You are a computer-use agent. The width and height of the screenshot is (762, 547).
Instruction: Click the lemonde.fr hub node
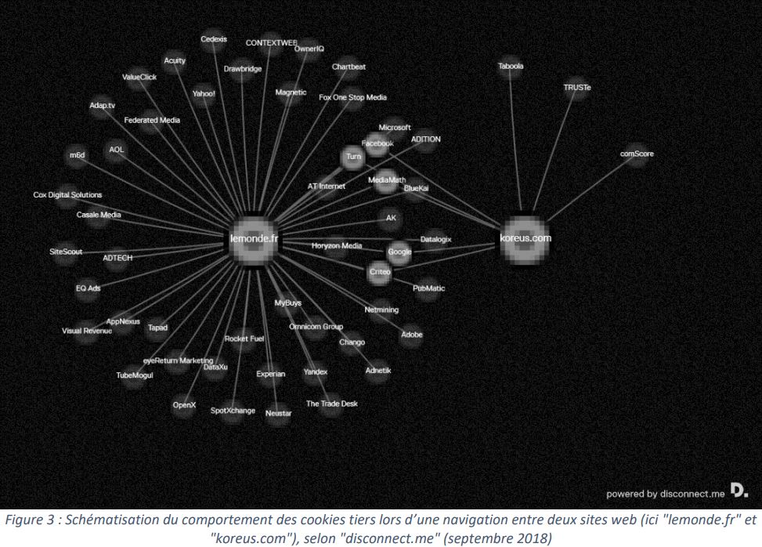point(254,238)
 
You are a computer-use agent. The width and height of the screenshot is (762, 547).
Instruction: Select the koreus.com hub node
point(525,237)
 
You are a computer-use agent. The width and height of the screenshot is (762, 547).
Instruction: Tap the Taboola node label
point(511,67)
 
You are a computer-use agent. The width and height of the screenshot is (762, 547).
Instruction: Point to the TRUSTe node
point(577,88)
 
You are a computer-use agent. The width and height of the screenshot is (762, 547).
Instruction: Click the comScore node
point(637,154)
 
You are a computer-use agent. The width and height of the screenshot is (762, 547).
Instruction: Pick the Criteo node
point(379,270)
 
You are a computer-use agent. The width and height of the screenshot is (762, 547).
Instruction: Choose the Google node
point(399,252)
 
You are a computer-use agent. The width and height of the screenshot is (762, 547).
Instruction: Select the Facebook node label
point(377,143)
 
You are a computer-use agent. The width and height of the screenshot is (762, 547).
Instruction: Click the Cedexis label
point(213,38)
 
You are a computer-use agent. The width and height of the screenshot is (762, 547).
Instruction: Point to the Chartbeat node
point(348,67)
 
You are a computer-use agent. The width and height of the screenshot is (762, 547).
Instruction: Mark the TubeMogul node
point(135,375)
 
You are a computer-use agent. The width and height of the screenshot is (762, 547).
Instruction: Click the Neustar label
point(279,412)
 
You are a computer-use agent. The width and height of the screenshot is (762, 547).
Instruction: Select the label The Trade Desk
point(331,404)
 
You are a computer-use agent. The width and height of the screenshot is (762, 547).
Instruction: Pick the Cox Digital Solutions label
point(67,195)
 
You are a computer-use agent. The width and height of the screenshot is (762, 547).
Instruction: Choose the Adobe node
point(411,335)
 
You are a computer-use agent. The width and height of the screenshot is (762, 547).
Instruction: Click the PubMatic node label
point(428,288)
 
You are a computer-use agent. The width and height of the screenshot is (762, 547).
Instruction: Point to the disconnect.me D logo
point(739,491)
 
